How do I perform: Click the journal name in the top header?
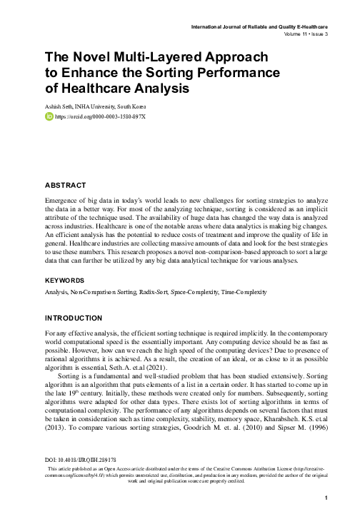tap(261, 26)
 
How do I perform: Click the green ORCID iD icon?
tap(49, 116)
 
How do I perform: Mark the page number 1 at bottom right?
tap(326, 498)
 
